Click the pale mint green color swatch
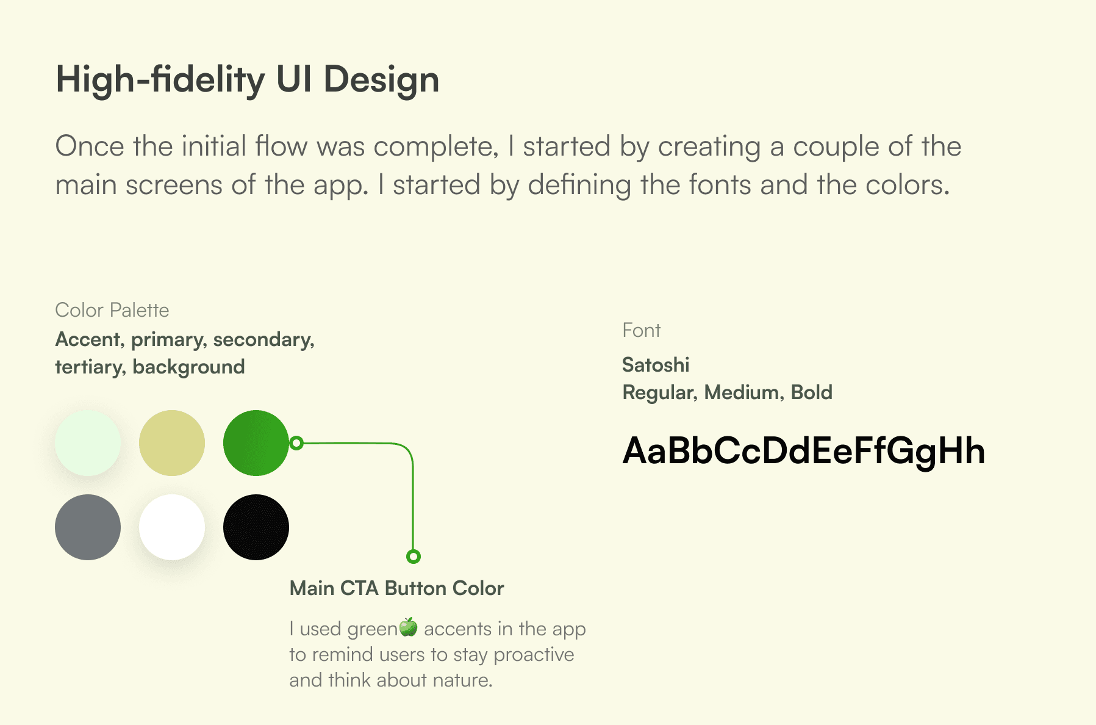coord(88,443)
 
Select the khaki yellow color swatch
coord(172,443)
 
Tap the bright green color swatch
coord(256,443)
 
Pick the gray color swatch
coord(88,527)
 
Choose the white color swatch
coord(172,527)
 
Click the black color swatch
coord(256,527)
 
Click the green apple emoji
coord(409,627)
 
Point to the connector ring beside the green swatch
coord(296,443)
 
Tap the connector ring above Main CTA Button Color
coord(414,557)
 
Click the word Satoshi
coord(656,365)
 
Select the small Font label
coord(642,330)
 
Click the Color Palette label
coord(112,310)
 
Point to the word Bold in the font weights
coord(812,392)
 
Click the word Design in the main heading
coord(381,81)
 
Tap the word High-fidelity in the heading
coord(160,81)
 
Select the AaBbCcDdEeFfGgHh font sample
coord(804,452)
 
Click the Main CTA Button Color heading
coord(397,588)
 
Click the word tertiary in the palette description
coord(90,367)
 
